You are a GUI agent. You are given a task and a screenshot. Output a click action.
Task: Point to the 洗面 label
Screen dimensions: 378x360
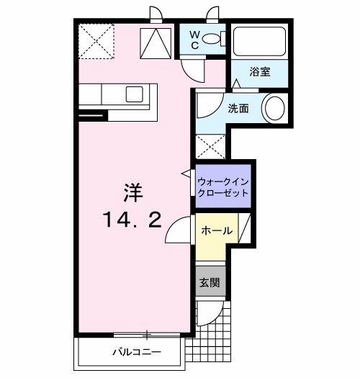(x=238, y=108)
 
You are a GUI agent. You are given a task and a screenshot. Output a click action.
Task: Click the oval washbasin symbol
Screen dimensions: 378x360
(x=275, y=109)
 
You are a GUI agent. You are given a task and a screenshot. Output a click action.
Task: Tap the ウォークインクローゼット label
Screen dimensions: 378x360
(x=222, y=187)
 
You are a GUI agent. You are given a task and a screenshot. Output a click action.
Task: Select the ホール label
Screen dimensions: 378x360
(x=216, y=231)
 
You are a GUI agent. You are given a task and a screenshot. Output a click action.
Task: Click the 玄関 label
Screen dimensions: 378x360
(x=208, y=282)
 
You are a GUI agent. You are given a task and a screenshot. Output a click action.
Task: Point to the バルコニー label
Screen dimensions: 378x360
(x=135, y=352)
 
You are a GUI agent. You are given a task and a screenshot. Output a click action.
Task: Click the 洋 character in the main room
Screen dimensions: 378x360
(x=131, y=193)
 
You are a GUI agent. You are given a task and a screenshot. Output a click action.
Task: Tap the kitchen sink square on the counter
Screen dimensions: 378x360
(x=135, y=94)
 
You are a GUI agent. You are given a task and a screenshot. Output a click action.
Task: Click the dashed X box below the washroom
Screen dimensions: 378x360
(x=210, y=147)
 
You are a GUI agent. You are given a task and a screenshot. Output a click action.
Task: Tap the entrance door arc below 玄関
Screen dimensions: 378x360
(x=204, y=312)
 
